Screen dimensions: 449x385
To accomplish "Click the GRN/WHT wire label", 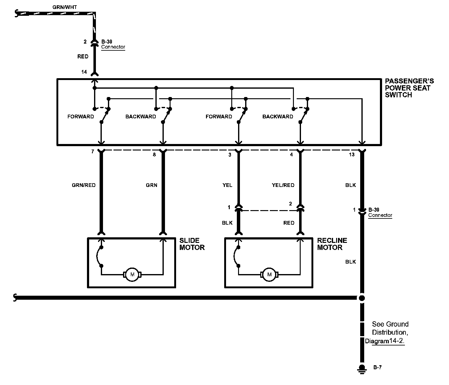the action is [x=65, y=7].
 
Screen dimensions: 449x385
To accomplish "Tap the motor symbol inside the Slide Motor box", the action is [x=132, y=274].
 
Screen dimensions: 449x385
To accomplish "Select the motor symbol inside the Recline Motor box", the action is [x=270, y=274].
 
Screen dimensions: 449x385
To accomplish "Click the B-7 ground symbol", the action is [x=362, y=369].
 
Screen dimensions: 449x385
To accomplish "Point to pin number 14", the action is [x=84, y=72].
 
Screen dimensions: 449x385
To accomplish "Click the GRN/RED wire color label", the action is [x=84, y=185].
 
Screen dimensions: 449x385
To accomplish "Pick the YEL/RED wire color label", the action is [x=283, y=185].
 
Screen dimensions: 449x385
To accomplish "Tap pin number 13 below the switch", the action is [x=352, y=155].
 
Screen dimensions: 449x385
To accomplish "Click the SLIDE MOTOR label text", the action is [x=192, y=244].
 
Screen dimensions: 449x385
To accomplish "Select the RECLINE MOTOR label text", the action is [x=332, y=244].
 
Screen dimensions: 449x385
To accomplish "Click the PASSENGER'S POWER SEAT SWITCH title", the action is [x=409, y=88].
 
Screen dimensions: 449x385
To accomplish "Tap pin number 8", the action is [x=154, y=155].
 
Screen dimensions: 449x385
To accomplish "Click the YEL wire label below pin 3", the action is [x=227, y=185].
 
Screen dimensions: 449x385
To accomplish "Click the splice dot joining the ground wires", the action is [x=362, y=298].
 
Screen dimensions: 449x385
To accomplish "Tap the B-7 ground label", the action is [x=377, y=367].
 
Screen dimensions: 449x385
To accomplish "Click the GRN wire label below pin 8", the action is [x=151, y=185].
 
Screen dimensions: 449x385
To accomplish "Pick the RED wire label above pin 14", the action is [x=83, y=57].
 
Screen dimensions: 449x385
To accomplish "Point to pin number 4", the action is [x=291, y=155].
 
